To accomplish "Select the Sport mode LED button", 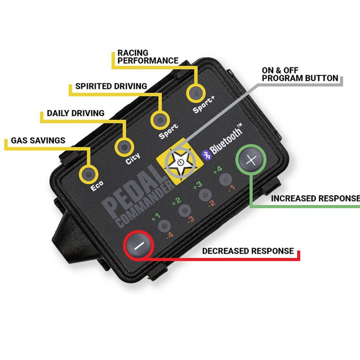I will click(159, 120).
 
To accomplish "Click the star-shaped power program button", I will click(177, 162).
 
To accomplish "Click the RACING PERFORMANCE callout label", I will click(147, 56).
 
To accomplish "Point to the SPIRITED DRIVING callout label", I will click(111, 86).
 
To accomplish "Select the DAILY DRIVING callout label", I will click(75, 113).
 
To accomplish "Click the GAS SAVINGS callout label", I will click(38, 141).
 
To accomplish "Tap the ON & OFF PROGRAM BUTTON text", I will click(299, 74).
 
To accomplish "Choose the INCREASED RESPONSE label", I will click(315, 198).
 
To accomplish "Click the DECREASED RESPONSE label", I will click(248, 251).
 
